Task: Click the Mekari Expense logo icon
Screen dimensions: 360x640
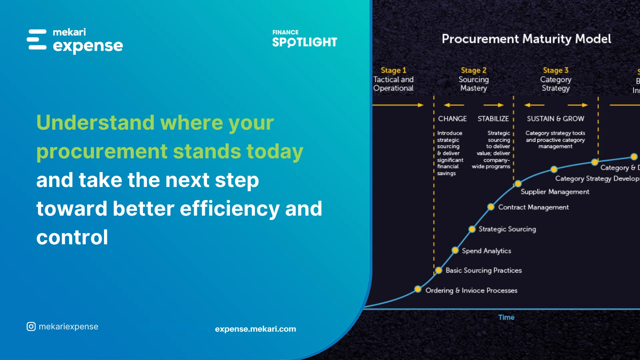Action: (37, 40)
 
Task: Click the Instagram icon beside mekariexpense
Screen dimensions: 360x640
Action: (31, 327)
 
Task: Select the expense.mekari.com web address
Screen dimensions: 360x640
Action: (255, 329)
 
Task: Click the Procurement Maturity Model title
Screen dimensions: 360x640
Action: (526, 39)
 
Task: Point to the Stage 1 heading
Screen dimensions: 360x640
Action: (393, 70)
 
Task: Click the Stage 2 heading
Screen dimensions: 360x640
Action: (473, 70)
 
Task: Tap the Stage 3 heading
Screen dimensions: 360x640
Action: (555, 70)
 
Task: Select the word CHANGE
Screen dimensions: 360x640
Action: (452, 119)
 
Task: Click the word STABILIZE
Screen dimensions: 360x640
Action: (493, 119)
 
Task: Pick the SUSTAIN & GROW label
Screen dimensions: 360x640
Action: (555, 119)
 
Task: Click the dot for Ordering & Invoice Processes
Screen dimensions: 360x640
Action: (418, 289)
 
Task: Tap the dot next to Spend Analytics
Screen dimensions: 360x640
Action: (455, 250)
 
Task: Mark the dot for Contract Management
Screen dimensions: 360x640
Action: (491, 207)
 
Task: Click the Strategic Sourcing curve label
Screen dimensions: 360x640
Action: (507, 229)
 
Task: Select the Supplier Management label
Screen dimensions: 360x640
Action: (555, 192)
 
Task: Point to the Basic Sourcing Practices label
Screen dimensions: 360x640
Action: (483, 270)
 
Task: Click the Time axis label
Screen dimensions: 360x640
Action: (506, 317)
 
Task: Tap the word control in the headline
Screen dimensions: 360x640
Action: (72, 237)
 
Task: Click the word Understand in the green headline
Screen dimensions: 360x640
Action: (95, 123)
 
